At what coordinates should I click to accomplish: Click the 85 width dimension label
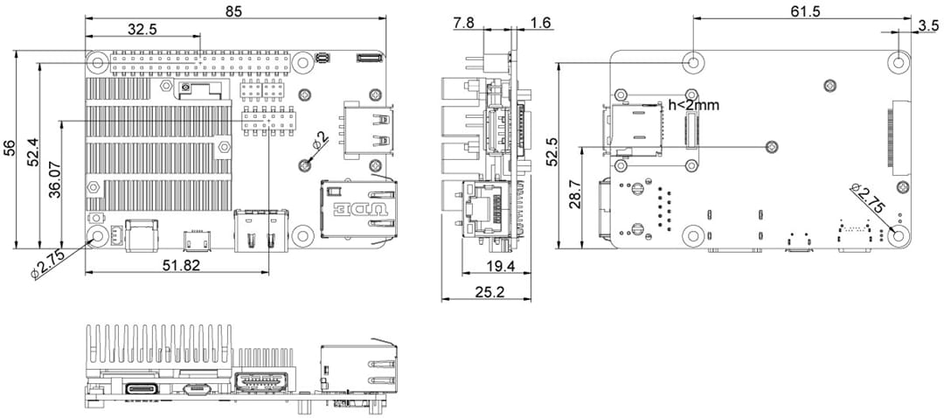point(234,11)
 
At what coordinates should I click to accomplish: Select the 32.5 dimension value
point(142,29)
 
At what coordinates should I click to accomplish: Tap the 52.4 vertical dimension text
point(32,152)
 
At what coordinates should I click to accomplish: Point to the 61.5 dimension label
point(805,11)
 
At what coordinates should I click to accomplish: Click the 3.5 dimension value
point(929,25)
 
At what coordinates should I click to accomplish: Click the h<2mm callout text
point(693,105)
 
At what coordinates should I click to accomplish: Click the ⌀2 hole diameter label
point(321,140)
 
